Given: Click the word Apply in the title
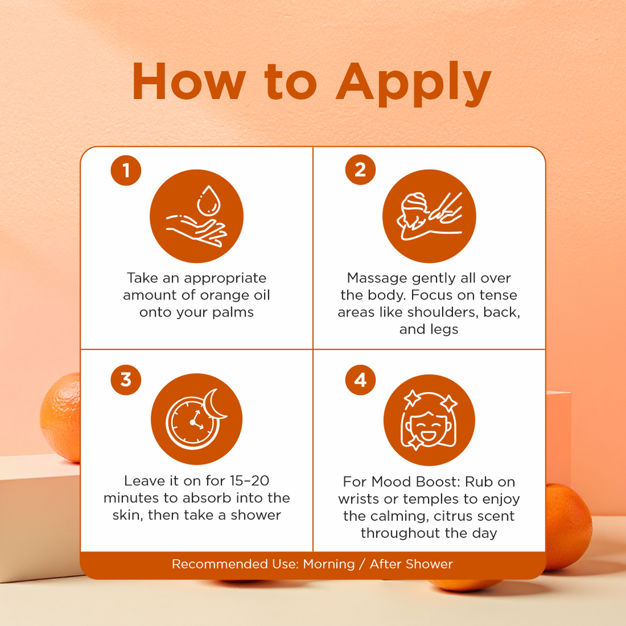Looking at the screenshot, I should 413,84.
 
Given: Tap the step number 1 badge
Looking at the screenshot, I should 126,171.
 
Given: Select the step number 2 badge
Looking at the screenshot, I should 360,169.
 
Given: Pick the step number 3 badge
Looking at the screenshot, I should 126,380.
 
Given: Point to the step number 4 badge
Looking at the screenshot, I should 360,380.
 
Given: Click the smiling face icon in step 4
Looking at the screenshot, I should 429,420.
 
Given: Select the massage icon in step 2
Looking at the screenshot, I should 429,216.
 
